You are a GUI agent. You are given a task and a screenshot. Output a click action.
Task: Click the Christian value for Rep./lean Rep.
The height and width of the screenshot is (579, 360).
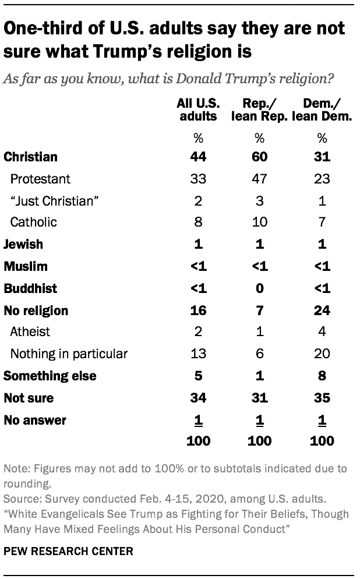(259, 157)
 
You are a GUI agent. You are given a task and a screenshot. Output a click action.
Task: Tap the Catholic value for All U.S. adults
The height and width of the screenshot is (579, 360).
(198, 223)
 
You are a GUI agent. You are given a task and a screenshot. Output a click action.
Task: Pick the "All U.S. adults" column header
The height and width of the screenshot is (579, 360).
(198, 110)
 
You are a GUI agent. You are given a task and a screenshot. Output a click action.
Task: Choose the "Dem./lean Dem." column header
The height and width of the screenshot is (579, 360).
(322, 110)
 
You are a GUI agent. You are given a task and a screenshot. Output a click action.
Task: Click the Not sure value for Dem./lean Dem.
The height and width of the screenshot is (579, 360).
(322, 398)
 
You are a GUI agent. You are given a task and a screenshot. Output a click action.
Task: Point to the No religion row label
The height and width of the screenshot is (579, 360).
(36, 310)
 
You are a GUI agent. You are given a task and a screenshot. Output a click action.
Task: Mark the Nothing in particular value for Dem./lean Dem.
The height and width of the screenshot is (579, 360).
(322, 354)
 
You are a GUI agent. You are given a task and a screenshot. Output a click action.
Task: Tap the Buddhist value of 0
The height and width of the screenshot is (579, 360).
(259, 288)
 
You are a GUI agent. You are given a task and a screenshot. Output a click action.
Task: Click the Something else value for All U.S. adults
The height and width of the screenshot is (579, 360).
(198, 376)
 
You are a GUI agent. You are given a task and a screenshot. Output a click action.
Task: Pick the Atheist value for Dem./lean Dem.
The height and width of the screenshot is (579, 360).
(322, 332)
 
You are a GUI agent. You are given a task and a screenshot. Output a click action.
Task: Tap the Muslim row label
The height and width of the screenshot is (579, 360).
(26, 267)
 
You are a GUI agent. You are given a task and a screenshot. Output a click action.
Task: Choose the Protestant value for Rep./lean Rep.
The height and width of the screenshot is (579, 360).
(259, 179)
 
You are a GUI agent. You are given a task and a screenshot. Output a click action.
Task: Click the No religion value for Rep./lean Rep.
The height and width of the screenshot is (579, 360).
(259, 310)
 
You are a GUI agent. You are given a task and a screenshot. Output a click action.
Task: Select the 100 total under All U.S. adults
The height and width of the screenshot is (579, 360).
(198, 440)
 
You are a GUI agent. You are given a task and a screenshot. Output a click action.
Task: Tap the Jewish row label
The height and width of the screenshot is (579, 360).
(23, 245)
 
